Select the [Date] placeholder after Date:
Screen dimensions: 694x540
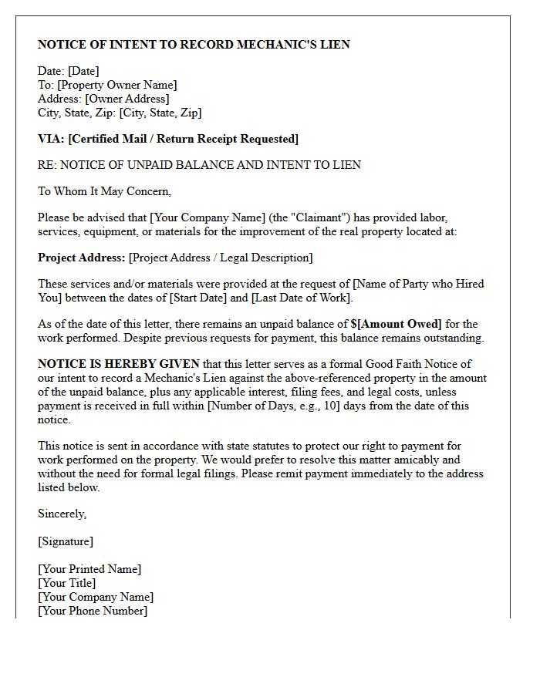click(x=84, y=71)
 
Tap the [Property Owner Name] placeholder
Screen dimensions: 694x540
click(x=117, y=85)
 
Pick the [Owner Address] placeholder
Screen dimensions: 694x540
click(x=127, y=99)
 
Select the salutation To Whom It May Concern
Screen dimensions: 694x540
click(x=104, y=191)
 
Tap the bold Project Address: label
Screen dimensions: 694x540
click(x=81, y=258)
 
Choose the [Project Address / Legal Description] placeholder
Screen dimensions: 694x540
click(x=221, y=258)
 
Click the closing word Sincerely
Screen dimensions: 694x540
click(x=62, y=514)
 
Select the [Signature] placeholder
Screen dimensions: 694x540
click(x=66, y=541)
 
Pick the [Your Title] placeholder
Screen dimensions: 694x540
click(x=67, y=583)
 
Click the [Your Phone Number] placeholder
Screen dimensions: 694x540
click(x=93, y=611)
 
